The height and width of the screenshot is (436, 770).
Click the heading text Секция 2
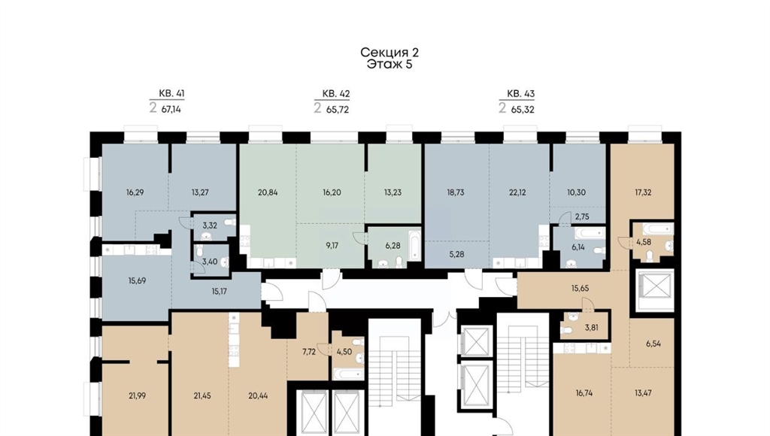pyautogui.click(x=390, y=53)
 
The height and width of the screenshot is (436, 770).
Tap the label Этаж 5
pyautogui.click(x=390, y=65)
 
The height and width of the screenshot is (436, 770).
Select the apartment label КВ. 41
pyautogui.click(x=172, y=93)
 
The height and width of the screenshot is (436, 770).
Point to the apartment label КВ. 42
pyautogui.click(x=336, y=93)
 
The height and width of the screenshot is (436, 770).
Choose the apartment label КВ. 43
pyautogui.click(x=520, y=93)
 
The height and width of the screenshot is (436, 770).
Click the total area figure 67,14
pyautogui.click(x=171, y=110)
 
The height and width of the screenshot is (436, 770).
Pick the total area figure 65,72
pyautogui.click(x=338, y=110)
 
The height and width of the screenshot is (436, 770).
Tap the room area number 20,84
pyautogui.click(x=268, y=192)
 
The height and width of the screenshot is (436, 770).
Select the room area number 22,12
pyautogui.click(x=517, y=192)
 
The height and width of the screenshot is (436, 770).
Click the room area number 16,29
pyautogui.click(x=135, y=192)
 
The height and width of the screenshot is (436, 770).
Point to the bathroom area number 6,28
pyautogui.click(x=393, y=246)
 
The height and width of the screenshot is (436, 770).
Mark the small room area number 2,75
pyautogui.click(x=582, y=216)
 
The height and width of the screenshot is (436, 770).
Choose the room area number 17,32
pyautogui.click(x=643, y=192)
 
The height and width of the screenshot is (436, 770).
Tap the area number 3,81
pyautogui.click(x=591, y=328)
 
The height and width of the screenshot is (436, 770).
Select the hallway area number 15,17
pyautogui.click(x=219, y=291)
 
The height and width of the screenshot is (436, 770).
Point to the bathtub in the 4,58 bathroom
pyautogui.click(x=658, y=229)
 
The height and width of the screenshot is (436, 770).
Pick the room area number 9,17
pyautogui.click(x=332, y=246)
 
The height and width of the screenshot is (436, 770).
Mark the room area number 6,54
pyautogui.click(x=653, y=344)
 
